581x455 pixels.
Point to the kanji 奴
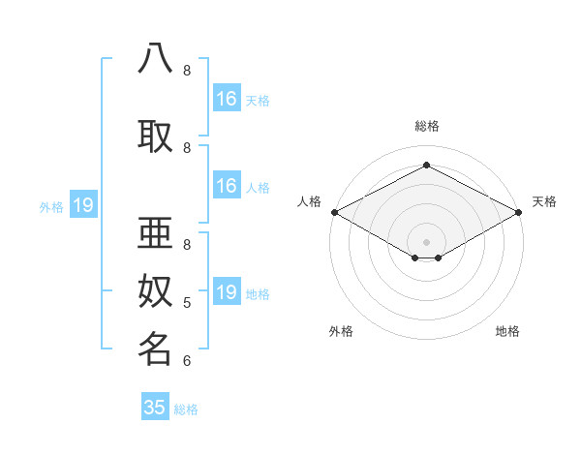click(155, 290)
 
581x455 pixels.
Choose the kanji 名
click(155, 349)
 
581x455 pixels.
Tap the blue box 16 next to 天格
click(227, 99)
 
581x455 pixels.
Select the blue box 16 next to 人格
click(227, 186)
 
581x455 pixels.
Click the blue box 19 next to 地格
click(227, 292)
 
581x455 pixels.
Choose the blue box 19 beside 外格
click(83, 205)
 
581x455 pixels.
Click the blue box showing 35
click(155, 408)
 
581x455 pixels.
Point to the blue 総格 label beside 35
click(186, 409)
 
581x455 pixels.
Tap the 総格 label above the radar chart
click(427, 126)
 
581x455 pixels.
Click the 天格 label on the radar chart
click(544, 201)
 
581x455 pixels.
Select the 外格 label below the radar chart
click(341, 331)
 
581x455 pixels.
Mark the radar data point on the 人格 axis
click(334, 212)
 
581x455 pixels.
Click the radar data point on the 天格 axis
click(520, 212)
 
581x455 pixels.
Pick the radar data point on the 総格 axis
click(427, 166)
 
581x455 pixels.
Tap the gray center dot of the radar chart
click(427, 240)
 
